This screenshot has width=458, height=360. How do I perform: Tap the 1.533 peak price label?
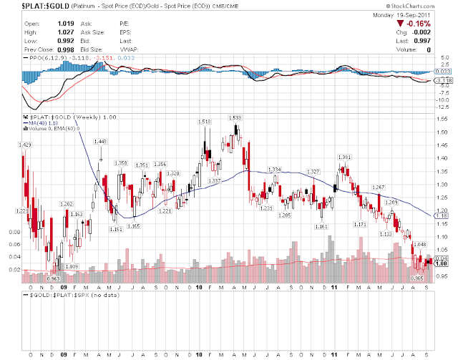pos(235,117)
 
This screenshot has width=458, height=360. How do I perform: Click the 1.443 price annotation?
pos(100,141)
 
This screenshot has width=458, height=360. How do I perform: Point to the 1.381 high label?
pos(344,157)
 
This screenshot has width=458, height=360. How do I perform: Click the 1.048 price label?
pos(420,245)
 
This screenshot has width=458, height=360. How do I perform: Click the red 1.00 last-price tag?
pos(442,263)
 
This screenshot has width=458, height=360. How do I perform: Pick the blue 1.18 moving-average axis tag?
pos(442,215)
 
